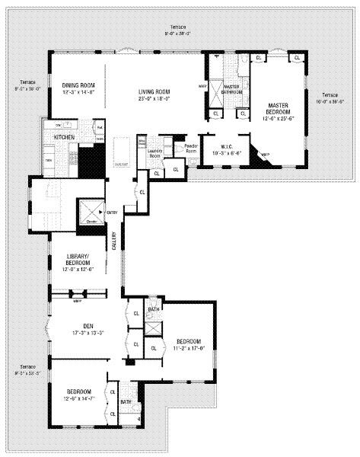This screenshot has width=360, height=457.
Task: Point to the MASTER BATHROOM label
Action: pos(231,90)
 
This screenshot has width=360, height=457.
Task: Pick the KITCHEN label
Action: pos(64,136)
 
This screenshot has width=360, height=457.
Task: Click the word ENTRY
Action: pos(112,212)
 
